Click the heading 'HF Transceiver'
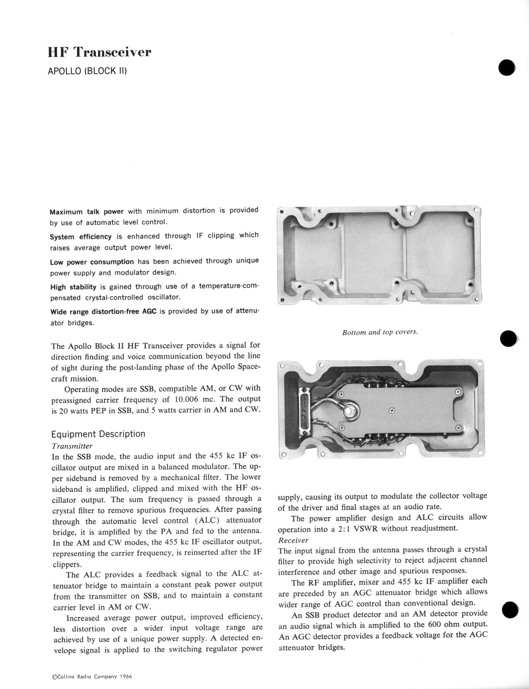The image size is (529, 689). [100, 52]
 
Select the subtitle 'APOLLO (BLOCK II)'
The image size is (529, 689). [87, 71]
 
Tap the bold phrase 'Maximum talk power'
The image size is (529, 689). [87, 212]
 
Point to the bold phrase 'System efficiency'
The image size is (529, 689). [81, 237]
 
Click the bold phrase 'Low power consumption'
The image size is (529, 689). [92, 262]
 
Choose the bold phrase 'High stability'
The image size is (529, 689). [73, 287]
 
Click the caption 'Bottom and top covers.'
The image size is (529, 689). [380, 332]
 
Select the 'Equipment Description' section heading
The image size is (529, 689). [98, 434]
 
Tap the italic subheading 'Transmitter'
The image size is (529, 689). [72, 446]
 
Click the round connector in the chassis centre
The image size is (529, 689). [348, 412]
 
